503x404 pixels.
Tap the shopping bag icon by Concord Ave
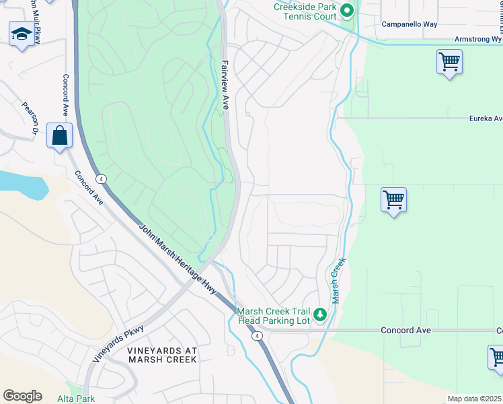click(x=59, y=135)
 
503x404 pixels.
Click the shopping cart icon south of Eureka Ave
click(x=393, y=200)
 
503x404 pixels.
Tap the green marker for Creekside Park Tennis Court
click(x=347, y=11)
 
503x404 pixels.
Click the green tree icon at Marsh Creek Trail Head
click(x=320, y=314)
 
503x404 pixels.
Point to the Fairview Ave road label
click(x=225, y=84)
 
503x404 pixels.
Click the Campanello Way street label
click(x=409, y=24)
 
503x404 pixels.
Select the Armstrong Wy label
click(x=478, y=40)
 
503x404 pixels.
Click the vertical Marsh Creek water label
click(x=338, y=279)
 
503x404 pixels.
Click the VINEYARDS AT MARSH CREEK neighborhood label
click(x=162, y=355)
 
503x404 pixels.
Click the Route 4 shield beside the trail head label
click(x=257, y=335)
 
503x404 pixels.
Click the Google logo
click(x=22, y=396)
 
